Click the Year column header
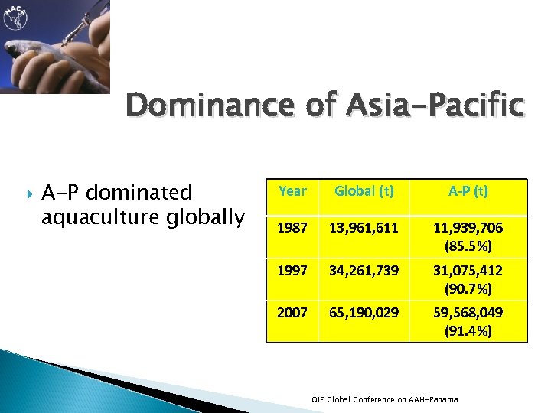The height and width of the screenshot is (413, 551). (x=293, y=191)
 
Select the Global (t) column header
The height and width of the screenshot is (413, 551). (x=364, y=191)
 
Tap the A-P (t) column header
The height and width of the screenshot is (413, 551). (x=467, y=191)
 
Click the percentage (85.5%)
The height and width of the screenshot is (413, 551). (x=467, y=247)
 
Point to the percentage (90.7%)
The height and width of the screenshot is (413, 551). (x=467, y=288)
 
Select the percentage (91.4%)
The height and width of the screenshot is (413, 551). (x=467, y=330)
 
